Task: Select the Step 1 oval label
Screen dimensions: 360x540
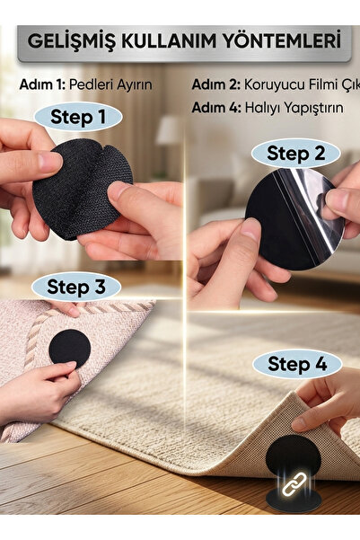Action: click(x=78, y=117)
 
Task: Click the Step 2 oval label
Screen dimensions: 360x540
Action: click(x=295, y=153)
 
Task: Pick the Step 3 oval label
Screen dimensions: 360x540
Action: click(x=76, y=287)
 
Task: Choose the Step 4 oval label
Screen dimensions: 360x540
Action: click(x=297, y=364)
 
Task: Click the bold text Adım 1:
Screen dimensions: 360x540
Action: click(x=42, y=84)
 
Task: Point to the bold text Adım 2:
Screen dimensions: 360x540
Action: click(x=215, y=84)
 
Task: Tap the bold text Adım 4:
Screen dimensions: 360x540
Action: click(x=216, y=108)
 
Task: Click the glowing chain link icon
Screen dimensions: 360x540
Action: click(x=294, y=484)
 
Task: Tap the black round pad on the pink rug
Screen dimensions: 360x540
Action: click(x=69, y=349)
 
